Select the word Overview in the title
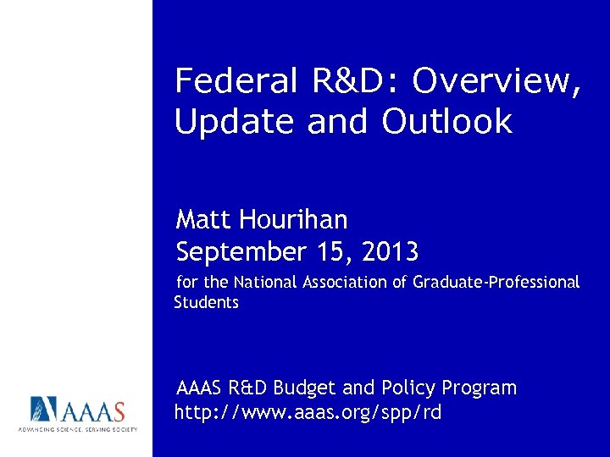[496, 82]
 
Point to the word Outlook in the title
[447, 122]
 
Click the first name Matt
[203, 220]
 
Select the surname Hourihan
[293, 220]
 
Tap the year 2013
[390, 252]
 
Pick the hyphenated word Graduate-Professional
[496, 282]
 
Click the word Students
[206, 302]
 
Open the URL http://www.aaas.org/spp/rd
[308, 413]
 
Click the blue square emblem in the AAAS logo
[44, 410]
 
